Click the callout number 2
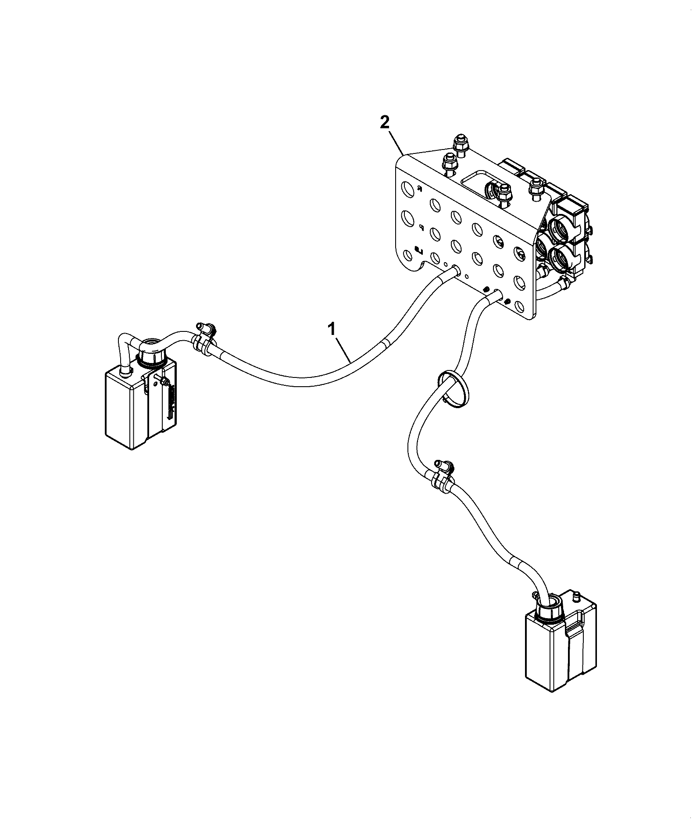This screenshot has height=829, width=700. point(384,122)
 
